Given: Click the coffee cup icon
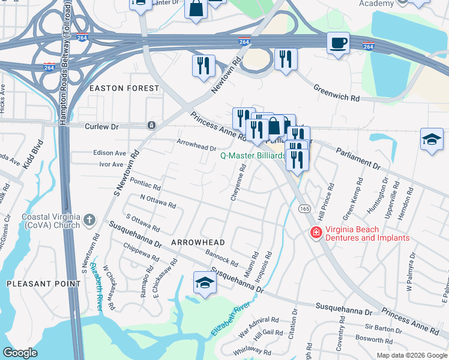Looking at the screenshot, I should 338,43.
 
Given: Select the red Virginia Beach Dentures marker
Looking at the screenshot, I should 314,232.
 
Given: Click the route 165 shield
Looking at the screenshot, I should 305,208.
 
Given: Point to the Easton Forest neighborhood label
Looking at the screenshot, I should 124,88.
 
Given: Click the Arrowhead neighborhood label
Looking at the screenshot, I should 198,242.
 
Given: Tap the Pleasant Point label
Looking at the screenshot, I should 43,283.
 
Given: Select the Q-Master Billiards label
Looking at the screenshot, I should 253,155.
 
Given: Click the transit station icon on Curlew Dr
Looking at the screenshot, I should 151,125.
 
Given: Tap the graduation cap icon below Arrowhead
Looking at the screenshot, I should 205,283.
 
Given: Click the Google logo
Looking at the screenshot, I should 20,353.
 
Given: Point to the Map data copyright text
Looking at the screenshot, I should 411,355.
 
